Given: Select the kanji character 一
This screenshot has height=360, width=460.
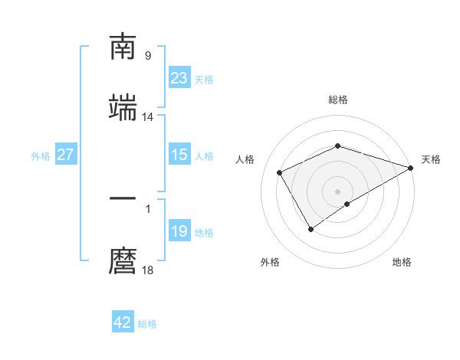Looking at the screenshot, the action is point(123,199).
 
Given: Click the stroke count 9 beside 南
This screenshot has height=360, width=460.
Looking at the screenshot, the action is point(148,56).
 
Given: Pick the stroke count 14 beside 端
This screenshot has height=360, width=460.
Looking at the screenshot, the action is point(148,117).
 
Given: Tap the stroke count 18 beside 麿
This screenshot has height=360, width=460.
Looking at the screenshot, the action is point(148,270).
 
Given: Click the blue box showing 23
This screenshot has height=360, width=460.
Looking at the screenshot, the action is point(179,78).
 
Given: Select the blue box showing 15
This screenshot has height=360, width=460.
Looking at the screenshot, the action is point(179,155).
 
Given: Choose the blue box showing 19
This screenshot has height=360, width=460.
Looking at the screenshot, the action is point(179,231).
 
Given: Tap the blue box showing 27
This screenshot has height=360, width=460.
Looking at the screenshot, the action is point(65,155).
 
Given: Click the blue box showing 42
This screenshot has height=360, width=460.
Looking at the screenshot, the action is point(123,322).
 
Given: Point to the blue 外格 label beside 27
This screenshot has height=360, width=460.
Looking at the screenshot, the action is point(41,156).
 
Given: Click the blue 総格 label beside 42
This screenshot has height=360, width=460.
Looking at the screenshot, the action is point(147,324).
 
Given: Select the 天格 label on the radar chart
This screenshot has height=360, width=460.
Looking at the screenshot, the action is point(431,159).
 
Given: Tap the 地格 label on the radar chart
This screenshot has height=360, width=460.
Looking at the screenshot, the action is point(402,262).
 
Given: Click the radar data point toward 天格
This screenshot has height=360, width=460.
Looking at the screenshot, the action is point(412,168).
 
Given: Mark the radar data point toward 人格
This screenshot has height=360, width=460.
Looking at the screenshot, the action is point(280,172).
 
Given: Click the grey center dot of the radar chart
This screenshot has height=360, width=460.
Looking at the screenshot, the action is point(337,191).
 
